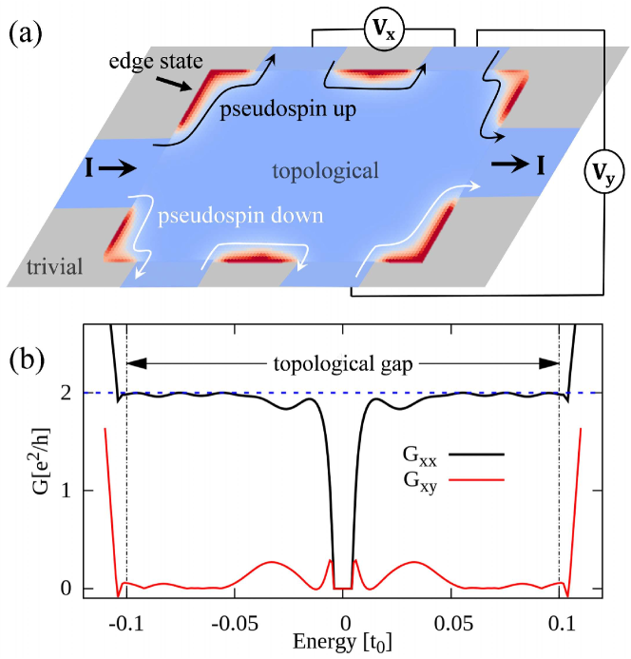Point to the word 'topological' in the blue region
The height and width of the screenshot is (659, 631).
[x=325, y=171]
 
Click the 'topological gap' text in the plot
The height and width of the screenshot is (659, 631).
[x=344, y=362]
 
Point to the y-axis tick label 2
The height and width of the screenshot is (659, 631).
[x=60, y=392]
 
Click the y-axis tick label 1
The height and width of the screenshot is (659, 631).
[x=60, y=491]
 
